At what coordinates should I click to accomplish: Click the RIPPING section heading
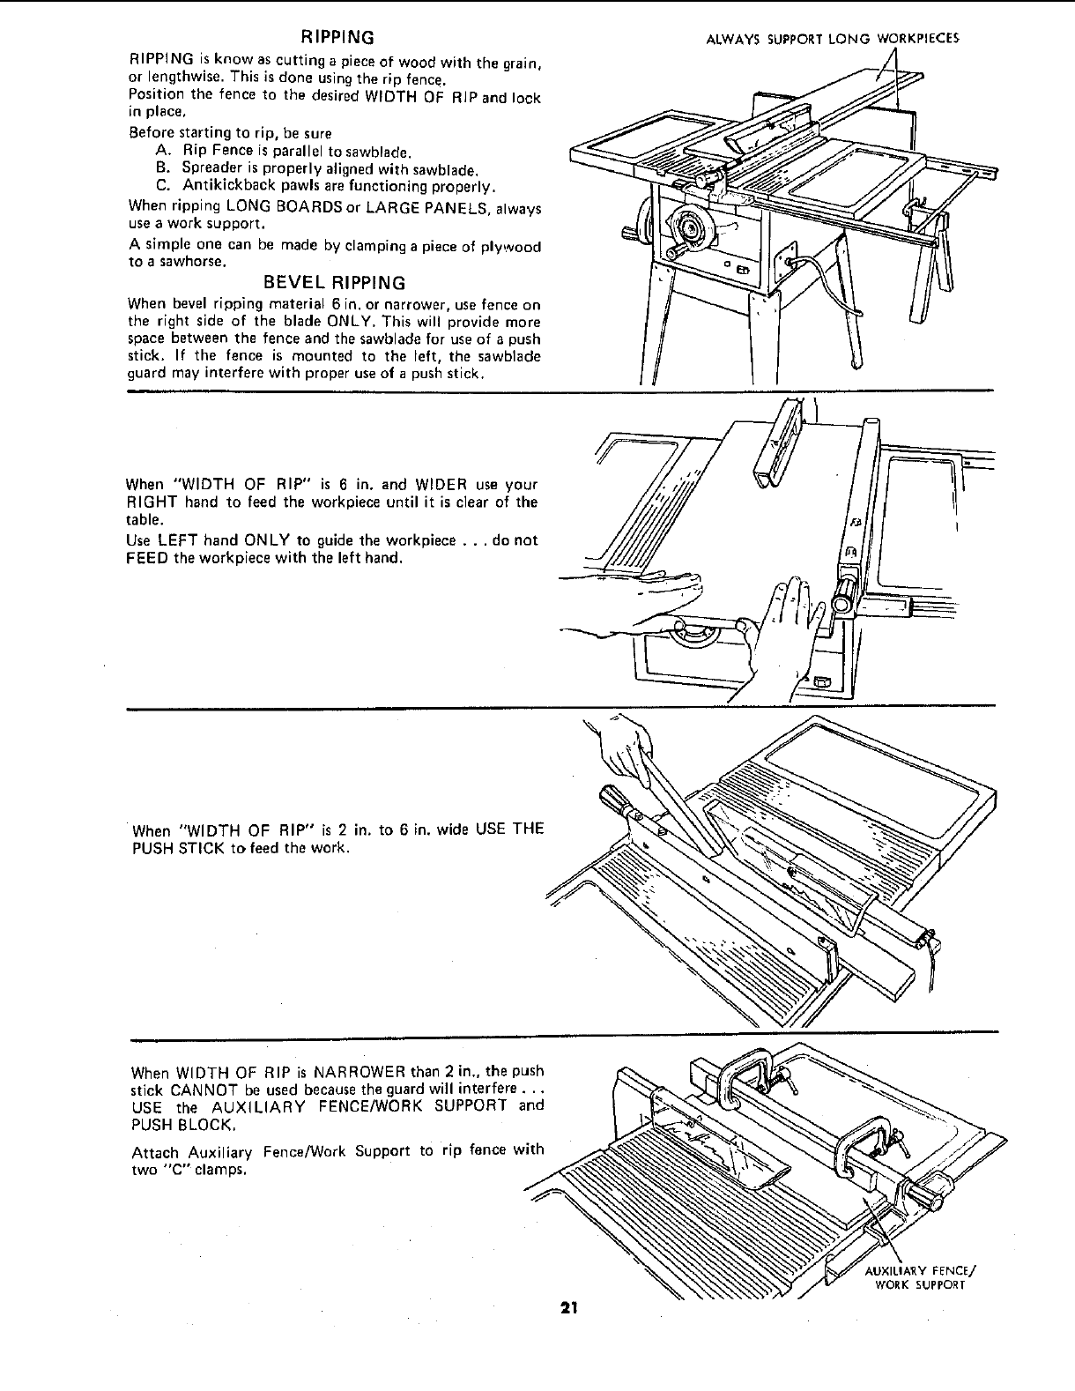[338, 37]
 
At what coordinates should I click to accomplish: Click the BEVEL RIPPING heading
[336, 283]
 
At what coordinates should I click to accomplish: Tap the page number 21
[567, 1308]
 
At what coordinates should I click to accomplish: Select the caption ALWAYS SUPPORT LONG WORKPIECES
[834, 39]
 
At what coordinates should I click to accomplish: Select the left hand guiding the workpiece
[652, 589]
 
